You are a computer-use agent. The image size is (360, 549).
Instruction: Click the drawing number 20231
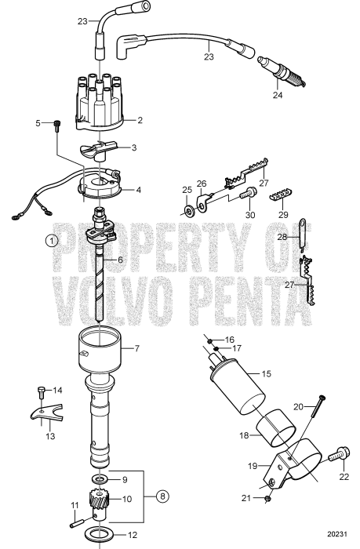[334, 539]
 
